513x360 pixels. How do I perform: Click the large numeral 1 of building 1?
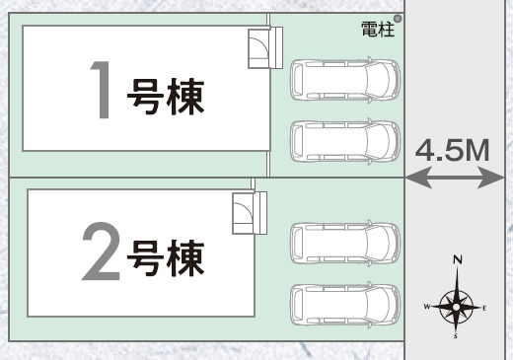(102, 90)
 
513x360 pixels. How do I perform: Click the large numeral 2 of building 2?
(101, 252)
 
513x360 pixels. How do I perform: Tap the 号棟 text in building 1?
(166, 97)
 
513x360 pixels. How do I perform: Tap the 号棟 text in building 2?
(166, 257)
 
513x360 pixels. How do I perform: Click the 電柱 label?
(378, 30)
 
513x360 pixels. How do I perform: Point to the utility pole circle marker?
(398, 19)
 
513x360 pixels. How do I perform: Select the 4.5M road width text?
(453, 150)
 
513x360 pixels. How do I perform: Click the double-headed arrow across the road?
(455, 178)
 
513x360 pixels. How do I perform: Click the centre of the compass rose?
(456, 307)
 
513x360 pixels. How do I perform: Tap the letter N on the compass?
(458, 259)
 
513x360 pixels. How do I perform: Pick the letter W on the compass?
(427, 307)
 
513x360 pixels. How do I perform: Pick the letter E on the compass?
(484, 309)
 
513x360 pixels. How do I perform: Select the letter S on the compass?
(456, 336)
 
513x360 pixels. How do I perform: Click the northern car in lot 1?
(345, 80)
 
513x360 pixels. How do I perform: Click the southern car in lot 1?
(345, 141)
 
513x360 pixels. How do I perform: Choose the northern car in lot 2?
(345, 243)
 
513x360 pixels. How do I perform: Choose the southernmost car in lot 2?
(345, 305)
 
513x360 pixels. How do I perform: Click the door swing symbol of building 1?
(258, 48)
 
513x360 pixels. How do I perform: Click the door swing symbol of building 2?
(243, 213)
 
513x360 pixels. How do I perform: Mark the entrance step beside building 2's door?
(260, 213)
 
